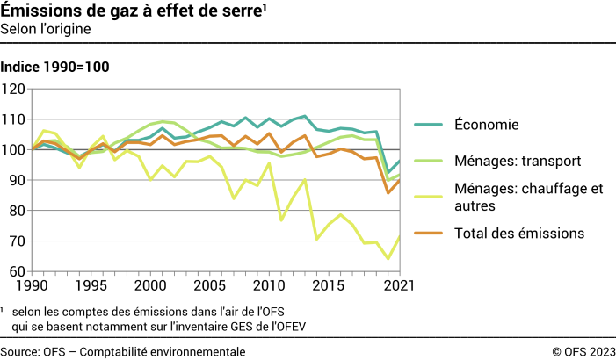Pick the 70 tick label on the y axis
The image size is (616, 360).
click(17, 241)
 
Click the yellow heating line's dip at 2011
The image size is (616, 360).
click(282, 220)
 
